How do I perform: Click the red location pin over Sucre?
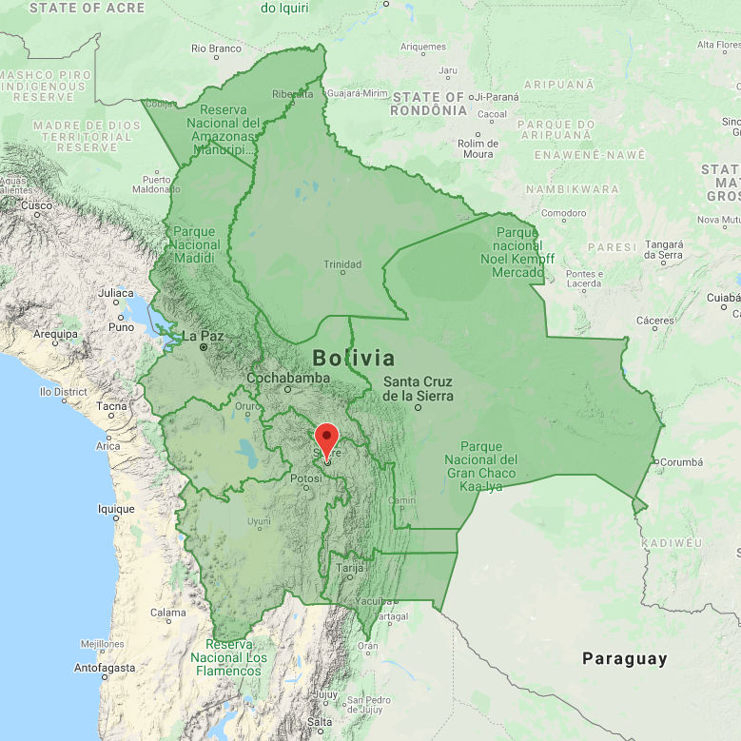tap(326, 439)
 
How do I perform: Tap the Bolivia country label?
tap(353, 359)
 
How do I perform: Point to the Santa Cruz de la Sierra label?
tap(418, 389)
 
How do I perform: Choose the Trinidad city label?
tap(342, 264)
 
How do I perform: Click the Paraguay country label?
tap(625, 658)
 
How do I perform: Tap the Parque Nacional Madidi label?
tap(197, 238)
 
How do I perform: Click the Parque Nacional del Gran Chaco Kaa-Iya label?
tap(481, 466)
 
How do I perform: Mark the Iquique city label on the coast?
tap(116, 509)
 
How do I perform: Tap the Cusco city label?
tap(36, 205)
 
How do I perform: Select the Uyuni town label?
tap(259, 521)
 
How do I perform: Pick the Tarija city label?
tap(351, 569)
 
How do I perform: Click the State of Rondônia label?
tap(429, 104)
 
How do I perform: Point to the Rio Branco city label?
tap(216, 48)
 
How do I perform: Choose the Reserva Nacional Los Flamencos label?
tap(228, 657)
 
